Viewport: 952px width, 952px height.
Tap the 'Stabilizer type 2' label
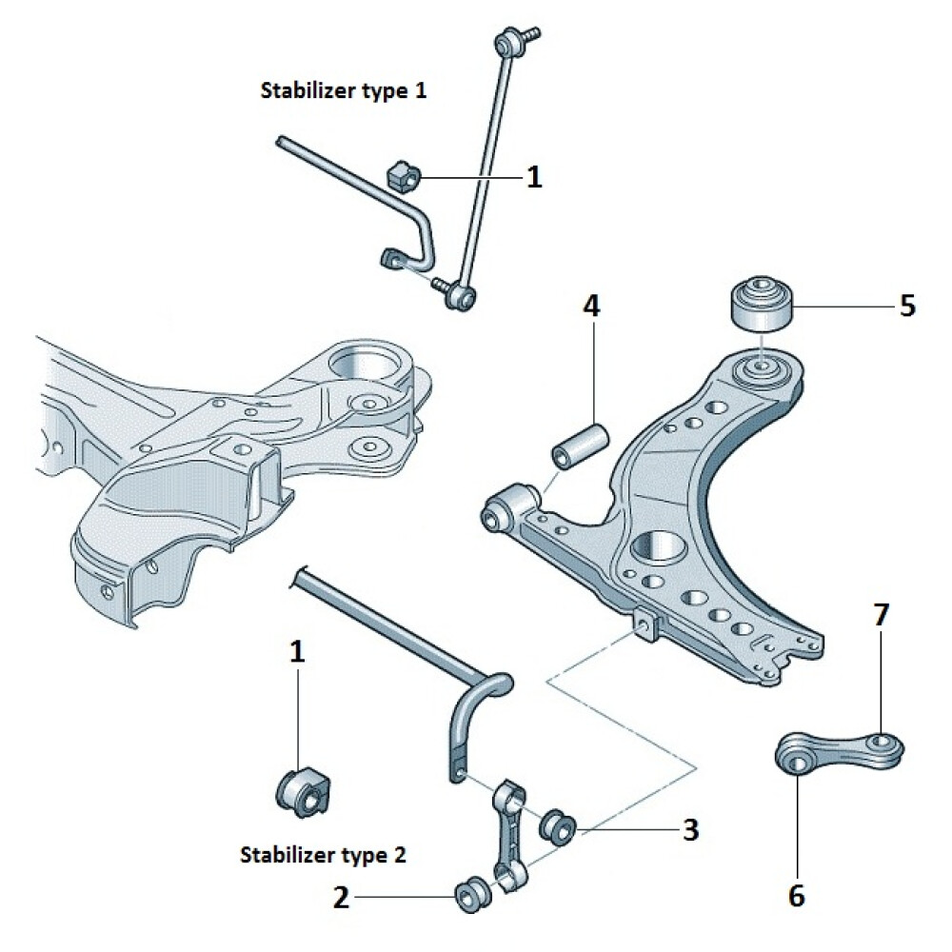[324, 854]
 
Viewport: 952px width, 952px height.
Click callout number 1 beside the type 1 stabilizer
[534, 176]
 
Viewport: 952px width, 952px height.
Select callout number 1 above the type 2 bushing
[298, 651]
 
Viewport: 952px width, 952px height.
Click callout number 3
[690, 828]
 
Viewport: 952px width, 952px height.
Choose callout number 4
[591, 307]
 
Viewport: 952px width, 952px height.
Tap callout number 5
[906, 306]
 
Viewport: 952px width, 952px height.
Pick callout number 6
[797, 895]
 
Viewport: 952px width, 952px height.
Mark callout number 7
[881, 615]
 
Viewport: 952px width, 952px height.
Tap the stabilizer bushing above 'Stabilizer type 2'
[302, 790]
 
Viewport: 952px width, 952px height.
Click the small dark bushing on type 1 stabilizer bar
[402, 175]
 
